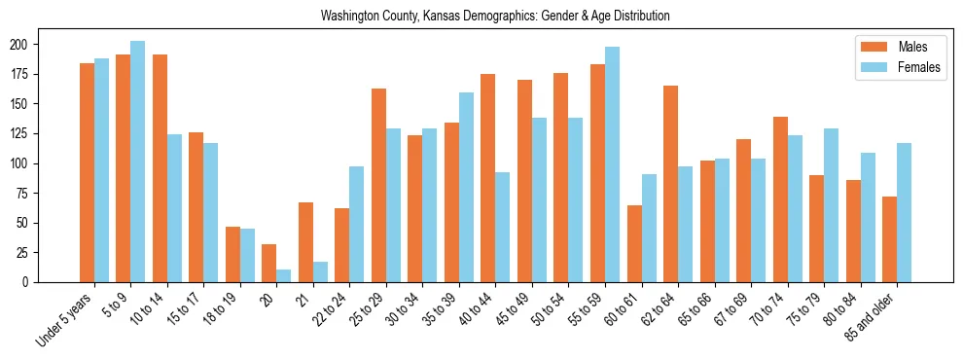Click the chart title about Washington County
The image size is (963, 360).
[x=495, y=17]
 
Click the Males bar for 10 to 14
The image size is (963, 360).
[x=160, y=168]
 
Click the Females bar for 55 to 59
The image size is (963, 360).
[x=612, y=164]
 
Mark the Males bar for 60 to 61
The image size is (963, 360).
[x=634, y=243]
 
